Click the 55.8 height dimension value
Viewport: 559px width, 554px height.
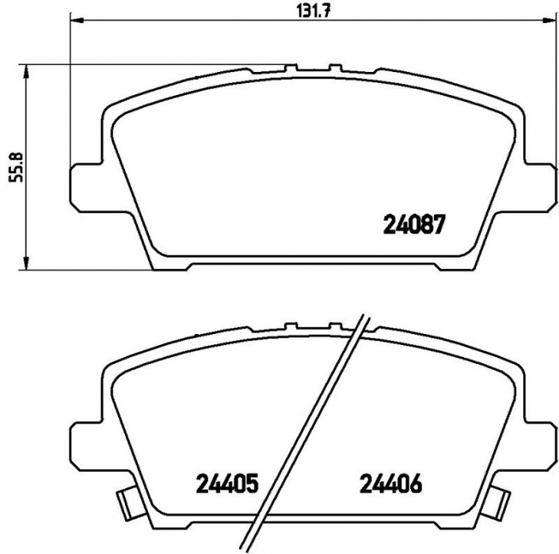click(16, 167)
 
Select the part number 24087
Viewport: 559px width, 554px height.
click(414, 225)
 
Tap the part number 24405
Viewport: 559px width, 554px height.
click(226, 484)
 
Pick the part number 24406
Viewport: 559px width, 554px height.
click(391, 484)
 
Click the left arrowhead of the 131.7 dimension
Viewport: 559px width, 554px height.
click(77, 21)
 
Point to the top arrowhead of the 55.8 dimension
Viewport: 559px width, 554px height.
click(25, 71)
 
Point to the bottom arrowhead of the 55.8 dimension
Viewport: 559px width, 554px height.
click(25, 263)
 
